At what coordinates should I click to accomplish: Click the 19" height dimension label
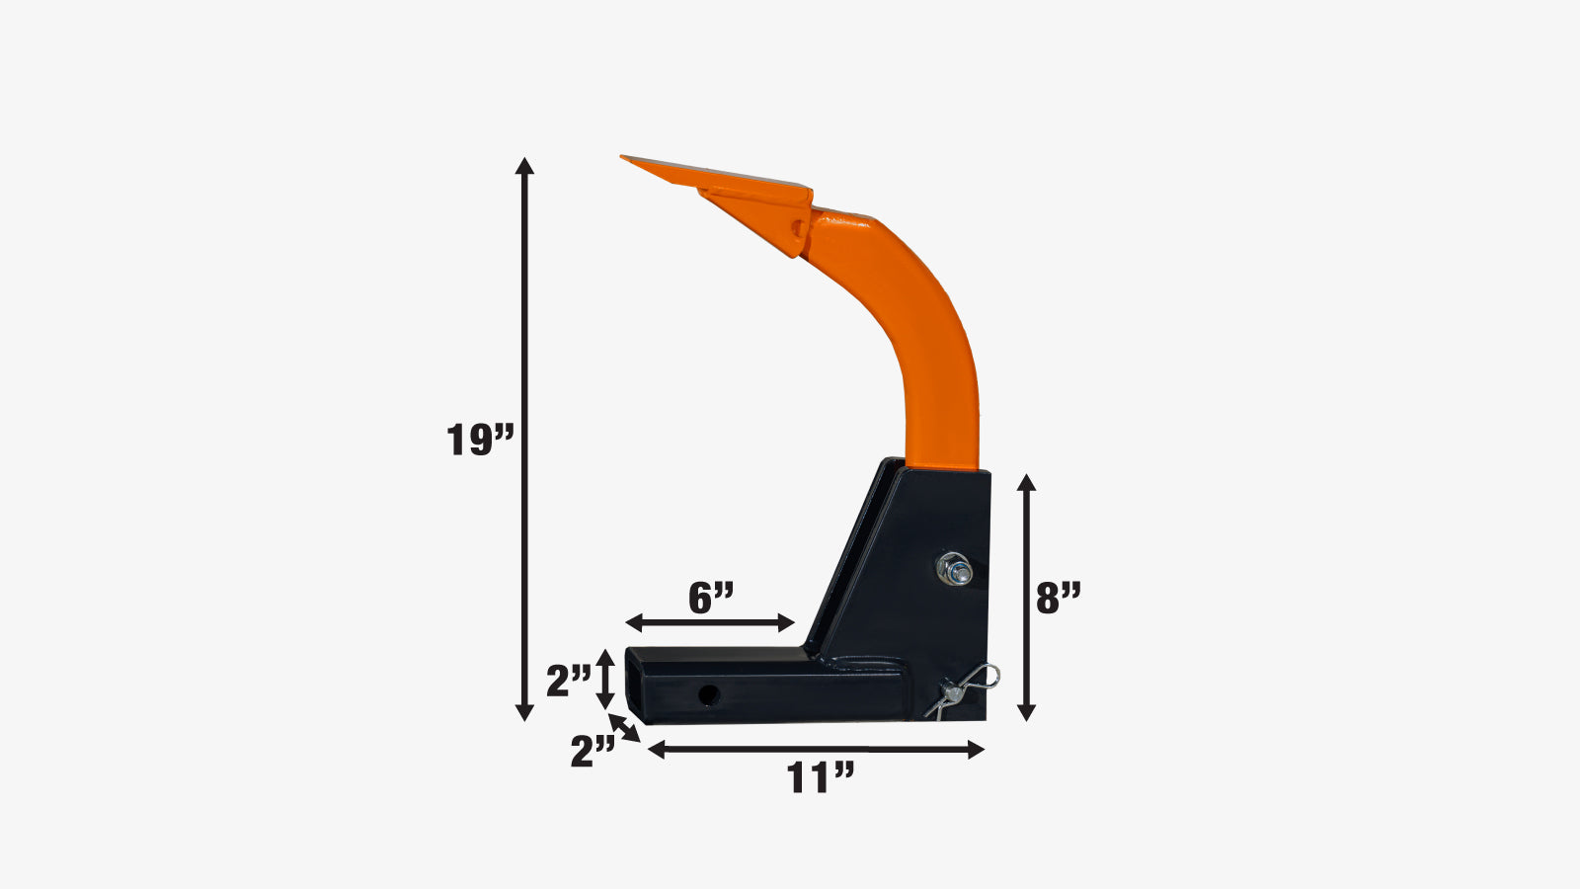pos(480,440)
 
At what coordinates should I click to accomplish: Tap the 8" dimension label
pos(1058,599)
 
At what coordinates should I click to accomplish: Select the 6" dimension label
pos(711,599)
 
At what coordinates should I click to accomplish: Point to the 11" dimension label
pos(821,777)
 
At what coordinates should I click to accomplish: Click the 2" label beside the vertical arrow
pos(569,682)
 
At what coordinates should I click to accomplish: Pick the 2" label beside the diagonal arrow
pos(592,751)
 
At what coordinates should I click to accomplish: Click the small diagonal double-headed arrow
pos(624,728)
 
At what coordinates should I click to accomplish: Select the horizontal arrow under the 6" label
pos(710,623)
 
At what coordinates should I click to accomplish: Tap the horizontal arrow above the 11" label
pos(816,750)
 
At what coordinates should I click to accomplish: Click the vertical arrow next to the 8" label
pos(1026,598)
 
